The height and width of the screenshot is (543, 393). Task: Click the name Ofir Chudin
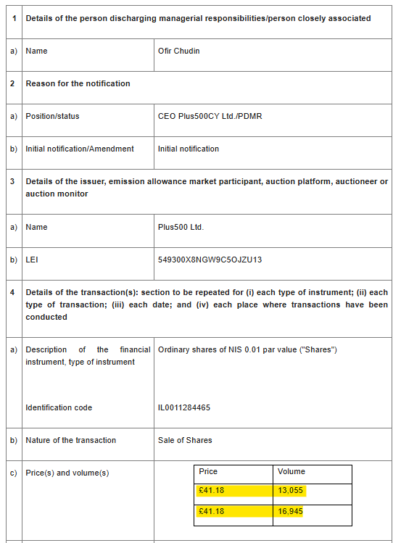(x=178, y=51)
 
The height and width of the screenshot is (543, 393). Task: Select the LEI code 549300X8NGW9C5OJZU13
(x=210, y=260)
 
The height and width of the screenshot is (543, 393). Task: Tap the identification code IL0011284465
(x=184, y=407)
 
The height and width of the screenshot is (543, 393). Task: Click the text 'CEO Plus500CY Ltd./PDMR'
(x=210, y=116)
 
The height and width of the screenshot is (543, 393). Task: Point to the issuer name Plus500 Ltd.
(x=181, y=227)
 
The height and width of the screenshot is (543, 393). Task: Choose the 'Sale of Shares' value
(x=185, y=440)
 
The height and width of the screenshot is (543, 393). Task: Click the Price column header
(x=208, y=471)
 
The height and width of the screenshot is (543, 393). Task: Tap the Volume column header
(x=291, y=471)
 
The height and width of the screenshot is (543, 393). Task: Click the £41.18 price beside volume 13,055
(x=212, y=491)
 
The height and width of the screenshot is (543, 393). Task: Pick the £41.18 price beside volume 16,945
(x=212, y=511)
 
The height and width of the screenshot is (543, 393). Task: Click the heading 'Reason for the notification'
(x=78, y=83)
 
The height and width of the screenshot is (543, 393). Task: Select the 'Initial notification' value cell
(x=188, y=149)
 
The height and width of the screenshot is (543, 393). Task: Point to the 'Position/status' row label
(x=52, y=116)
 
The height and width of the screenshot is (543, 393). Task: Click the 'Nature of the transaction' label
(x=70, y=440)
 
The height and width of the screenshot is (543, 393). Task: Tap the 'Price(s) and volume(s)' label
(x=67, y=473)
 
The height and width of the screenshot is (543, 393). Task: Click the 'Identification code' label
(x=59, y=407)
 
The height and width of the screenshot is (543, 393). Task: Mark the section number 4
(x=13, y=292)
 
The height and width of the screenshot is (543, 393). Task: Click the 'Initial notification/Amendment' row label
(x=80, y=149)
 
